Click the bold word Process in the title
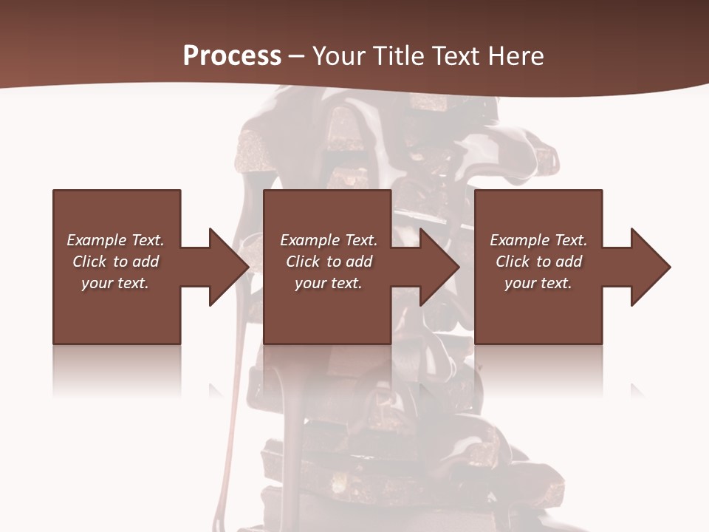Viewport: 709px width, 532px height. click(232, 56)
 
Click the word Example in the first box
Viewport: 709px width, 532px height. click(97, 240)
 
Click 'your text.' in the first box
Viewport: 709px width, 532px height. click(115, 283)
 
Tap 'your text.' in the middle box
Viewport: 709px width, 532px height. click(329, 283)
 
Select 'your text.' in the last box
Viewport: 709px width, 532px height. click(538, 283)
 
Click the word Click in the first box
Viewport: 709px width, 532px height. click(90, 262)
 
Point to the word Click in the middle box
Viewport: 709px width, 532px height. click(304, 262)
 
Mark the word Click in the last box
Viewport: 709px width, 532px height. click(513, 262)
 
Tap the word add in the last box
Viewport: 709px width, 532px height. click(568, 262)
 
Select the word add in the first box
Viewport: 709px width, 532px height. click(145, 262)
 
